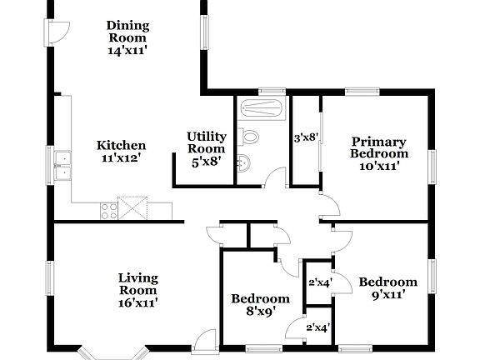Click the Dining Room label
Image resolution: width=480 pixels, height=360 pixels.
pos(127,31)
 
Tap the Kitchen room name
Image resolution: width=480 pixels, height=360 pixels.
pos(121,145)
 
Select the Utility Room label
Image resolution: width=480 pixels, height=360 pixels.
pos(206,142)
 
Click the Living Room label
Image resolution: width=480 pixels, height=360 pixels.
pos(137,284)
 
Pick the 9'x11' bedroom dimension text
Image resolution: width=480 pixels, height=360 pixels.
pos(387,296)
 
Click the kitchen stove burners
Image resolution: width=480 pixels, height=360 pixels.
pos(108,209)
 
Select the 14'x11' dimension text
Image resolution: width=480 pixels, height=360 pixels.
pos(127,51)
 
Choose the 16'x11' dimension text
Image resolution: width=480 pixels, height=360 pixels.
pos(137,303)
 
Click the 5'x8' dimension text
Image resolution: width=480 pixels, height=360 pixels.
pos(206,162)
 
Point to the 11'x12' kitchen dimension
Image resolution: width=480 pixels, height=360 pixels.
pos(121,157)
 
